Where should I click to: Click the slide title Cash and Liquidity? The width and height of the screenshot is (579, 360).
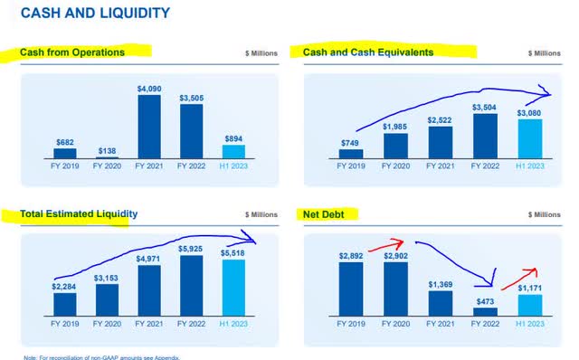click(94, 13)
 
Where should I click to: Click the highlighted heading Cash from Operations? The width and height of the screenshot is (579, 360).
click(73, 52)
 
